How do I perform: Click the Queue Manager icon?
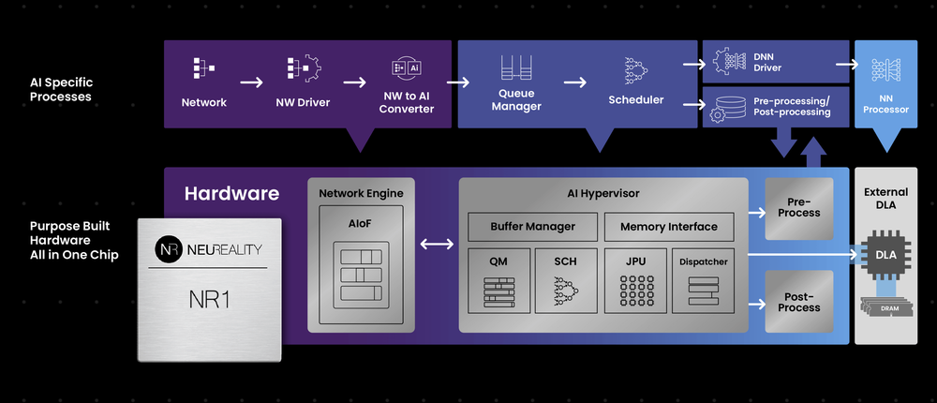[516, 69]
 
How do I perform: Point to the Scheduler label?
[635, 100]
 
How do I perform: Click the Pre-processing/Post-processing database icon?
[728, 108]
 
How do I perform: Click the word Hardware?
[231, 194]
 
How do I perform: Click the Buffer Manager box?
[532, 227]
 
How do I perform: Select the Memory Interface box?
[668, 227]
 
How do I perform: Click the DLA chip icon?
[885, 253]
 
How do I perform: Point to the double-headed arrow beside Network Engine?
[437, 245]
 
